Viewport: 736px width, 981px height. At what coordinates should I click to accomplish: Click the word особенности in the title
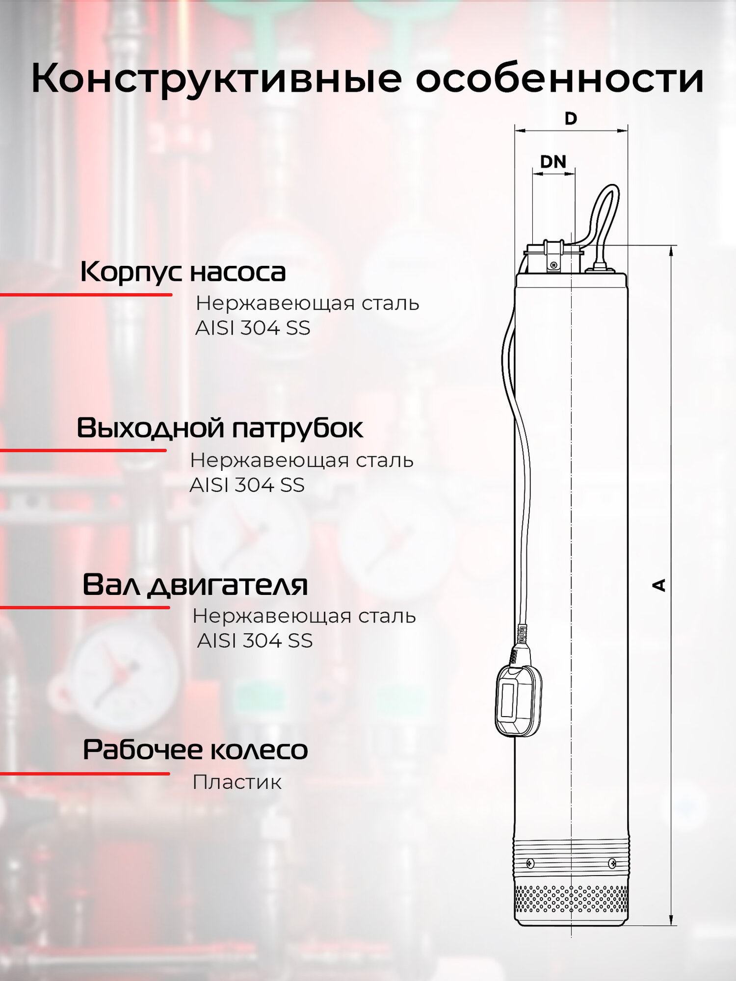[559, 78]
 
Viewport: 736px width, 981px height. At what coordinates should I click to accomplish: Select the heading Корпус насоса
[183, 272]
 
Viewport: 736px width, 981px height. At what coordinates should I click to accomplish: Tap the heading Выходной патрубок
[219, 428]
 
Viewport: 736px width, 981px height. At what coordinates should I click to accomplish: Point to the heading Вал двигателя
[195, 585]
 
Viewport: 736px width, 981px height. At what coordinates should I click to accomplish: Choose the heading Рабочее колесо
[195, 749]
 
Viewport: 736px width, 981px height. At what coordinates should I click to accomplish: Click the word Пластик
[237, 782]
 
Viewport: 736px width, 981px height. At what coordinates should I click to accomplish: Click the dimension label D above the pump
[571, 118]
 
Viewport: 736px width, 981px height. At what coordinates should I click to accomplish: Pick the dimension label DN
[553, 161]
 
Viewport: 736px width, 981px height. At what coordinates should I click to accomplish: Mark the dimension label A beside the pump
[659, 585]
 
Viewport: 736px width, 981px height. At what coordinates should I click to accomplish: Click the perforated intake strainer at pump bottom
[571, 899]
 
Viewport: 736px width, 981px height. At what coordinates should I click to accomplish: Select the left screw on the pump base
[530, 863]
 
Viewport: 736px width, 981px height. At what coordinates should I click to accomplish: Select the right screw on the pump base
[612, 863]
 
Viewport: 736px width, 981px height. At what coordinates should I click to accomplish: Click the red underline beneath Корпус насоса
[86, 295]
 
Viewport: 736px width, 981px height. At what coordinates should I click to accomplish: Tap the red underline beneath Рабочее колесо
[84, 774]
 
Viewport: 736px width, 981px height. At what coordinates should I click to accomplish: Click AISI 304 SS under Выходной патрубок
[247, 485]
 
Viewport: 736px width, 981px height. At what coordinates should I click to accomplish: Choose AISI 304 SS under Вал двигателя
[255, 641]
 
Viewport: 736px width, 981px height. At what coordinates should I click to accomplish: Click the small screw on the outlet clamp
[554, 265]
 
